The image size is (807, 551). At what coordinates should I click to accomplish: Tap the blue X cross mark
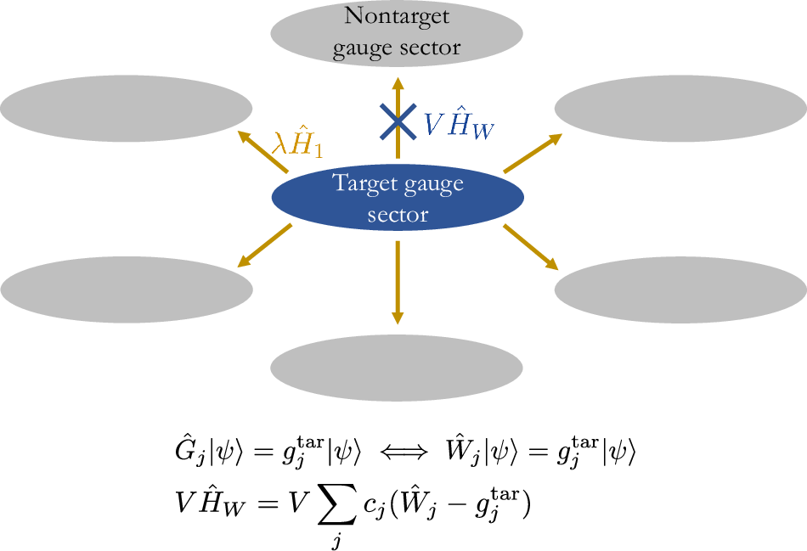tap(397, 121)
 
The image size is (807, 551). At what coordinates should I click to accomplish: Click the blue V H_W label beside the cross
tap(459, 124)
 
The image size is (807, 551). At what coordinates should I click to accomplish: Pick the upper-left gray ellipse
tap(126, 107)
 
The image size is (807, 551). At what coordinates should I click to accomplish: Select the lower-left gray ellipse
tap(127, 290)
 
